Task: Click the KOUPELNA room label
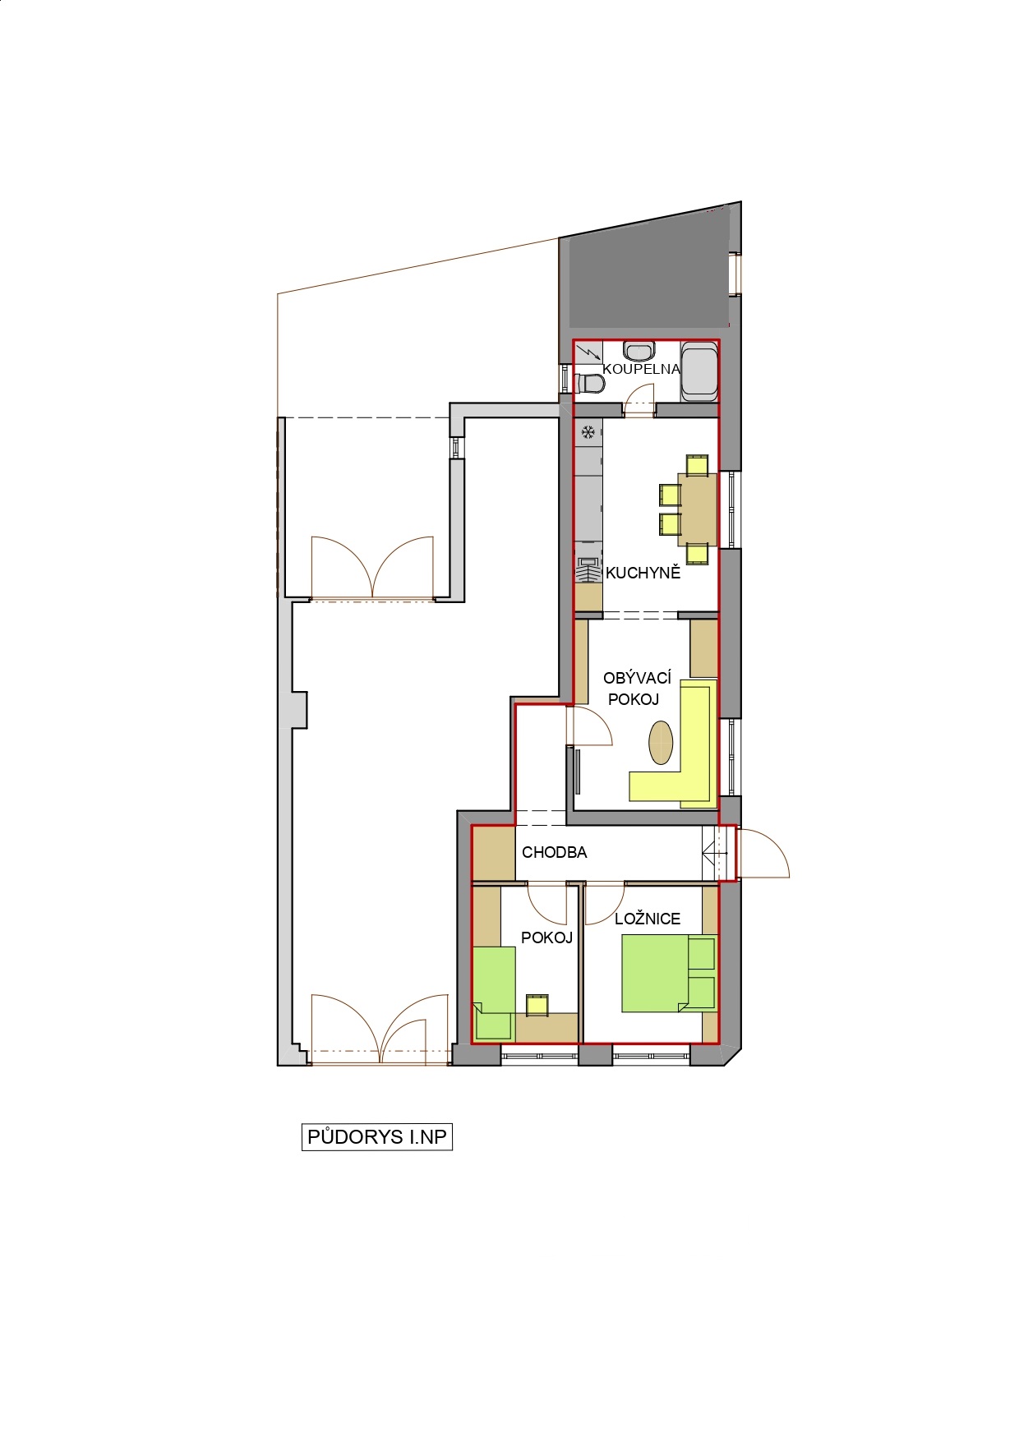tap(642, 369)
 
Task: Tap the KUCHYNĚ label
tap(643, 573)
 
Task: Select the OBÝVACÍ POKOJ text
tap(636, 689)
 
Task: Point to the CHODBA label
tap(555, 852)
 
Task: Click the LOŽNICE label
tap(648, 919)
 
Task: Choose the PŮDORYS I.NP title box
tap(377, 1137)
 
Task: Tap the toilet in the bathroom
tap(589, 383)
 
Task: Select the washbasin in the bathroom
tap(639, 351)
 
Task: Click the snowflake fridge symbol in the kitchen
tap(588, 432)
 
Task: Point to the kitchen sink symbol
tap(588, 569)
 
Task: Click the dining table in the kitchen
tap(698, 509)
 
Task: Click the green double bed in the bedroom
tap(668, 974)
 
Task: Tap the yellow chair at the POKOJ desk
tap(537, 1003)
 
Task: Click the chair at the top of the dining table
tap(698, 464)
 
